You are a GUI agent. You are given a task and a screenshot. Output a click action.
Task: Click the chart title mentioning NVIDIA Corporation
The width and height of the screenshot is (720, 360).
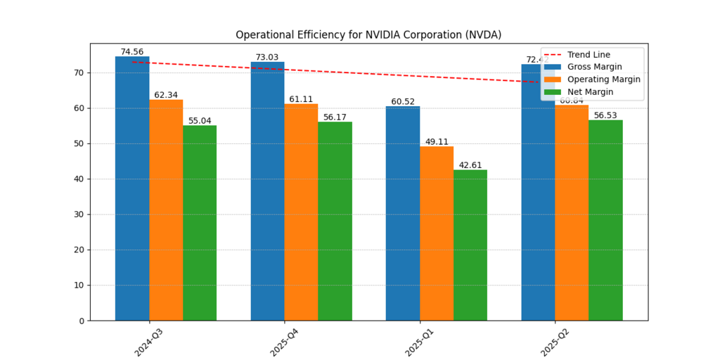click(x=368, y=34)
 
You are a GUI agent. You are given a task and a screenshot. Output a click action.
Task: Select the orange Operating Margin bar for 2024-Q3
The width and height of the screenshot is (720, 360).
click(x=166, y=210)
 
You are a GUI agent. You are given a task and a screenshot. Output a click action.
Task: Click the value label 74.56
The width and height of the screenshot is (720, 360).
click(x=131, y=52)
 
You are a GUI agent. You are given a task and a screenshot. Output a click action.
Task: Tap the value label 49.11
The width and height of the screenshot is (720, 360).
click(x=437, y=142)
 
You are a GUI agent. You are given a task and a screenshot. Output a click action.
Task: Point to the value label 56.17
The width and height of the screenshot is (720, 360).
click(x=335, y=117)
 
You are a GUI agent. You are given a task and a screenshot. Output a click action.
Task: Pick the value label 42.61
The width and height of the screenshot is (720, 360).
click(x=470, y=165)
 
